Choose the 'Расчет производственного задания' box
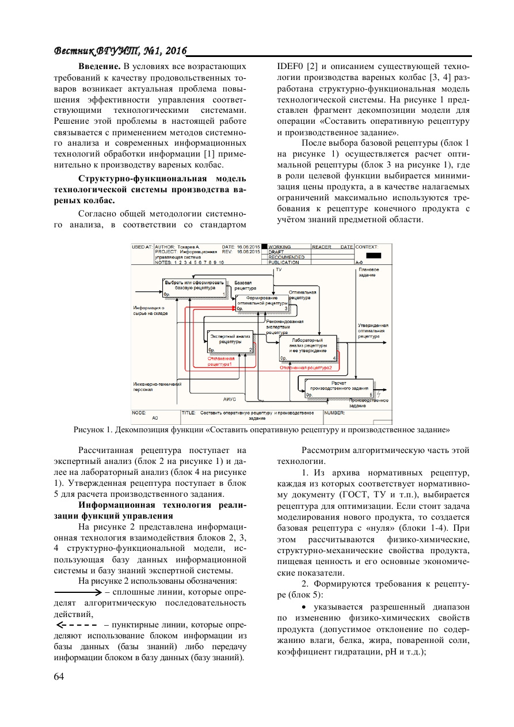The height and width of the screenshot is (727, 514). click(x=338, y=388)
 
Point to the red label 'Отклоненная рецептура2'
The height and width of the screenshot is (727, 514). click(x=306, y=367)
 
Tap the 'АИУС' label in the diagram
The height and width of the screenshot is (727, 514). click(x=230, y=399)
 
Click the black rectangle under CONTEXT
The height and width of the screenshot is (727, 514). click(x=374, y=255)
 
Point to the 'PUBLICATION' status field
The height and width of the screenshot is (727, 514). click(x=284, y=262)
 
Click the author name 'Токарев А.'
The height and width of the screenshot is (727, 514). click(x=189, y=247)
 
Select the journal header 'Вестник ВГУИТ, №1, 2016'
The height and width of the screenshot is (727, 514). click(x=120, y=51)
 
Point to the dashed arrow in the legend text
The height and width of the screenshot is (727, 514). click(x=76, y=625)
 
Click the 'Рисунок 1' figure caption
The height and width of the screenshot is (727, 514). click(x=261, y=429)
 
